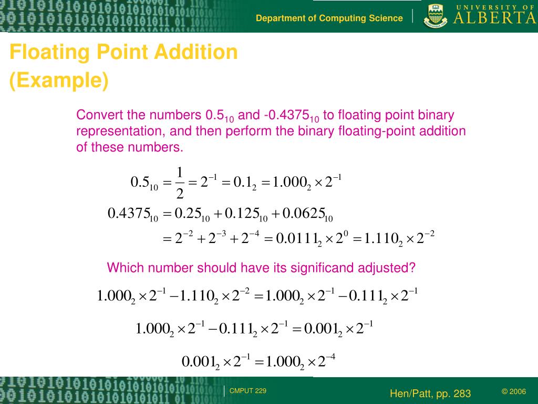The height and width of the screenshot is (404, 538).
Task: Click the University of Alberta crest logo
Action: (436, 16)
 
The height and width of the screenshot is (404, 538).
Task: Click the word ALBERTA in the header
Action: (494, 18)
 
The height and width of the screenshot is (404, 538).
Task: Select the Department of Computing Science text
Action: (329, 18)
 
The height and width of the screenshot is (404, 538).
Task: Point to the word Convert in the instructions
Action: (96, 115)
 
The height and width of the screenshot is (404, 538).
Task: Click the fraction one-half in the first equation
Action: (180, 183)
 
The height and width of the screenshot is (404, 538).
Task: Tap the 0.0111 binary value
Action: (292, 239)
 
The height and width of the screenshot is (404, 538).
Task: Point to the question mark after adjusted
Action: (412, 268)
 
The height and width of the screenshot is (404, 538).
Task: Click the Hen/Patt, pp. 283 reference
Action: (430, 393)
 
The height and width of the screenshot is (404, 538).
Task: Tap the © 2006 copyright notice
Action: (514, 391)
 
